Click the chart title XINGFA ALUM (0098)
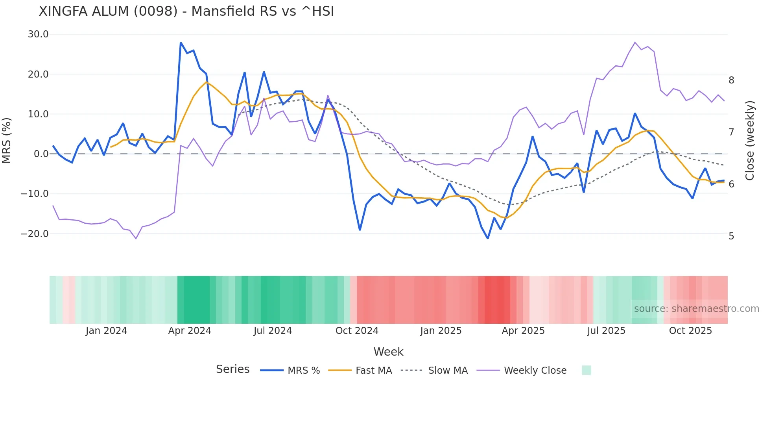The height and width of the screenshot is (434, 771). coord(186,11)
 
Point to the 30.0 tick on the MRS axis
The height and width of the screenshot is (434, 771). coord(38,34)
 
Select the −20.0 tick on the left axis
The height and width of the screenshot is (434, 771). coord(35,234)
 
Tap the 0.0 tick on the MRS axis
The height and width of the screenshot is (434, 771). coord(41,154)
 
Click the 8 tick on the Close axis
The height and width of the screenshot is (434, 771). coord(731,80)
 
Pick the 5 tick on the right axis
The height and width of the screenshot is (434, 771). coord(731,236)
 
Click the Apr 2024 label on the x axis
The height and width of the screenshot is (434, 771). coord(190,331)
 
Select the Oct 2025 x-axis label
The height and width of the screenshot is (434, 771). coord(690,331)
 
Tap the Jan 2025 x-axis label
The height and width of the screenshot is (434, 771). coord(441,331)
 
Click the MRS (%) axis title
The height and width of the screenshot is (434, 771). coord(7,140)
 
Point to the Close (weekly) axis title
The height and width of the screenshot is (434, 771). coord(750,141)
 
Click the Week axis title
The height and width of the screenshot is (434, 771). coord(388,352)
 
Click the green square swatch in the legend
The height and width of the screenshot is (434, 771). coord(586,370)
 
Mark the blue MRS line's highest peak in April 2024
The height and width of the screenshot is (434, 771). coord(181,43)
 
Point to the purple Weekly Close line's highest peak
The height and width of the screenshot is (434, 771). coord(635,42)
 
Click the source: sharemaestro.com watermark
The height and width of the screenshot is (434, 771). coord(696,309)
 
